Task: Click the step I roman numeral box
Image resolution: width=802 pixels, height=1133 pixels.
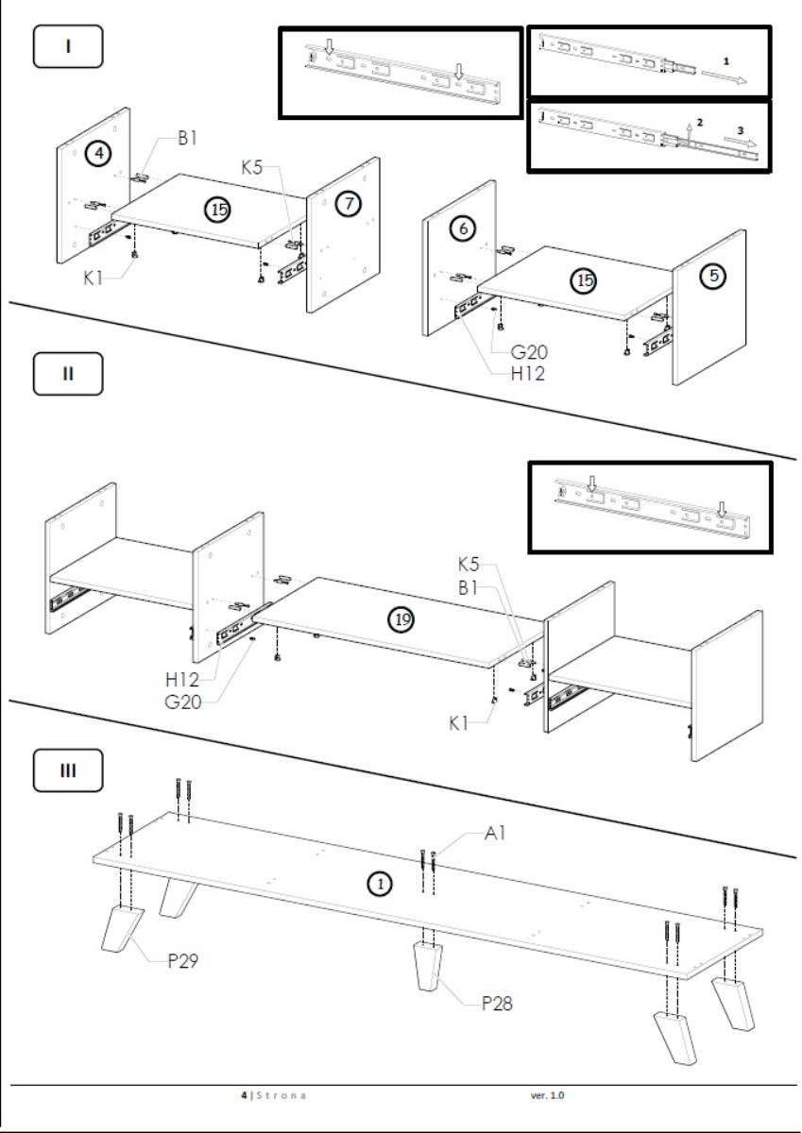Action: (68, 47)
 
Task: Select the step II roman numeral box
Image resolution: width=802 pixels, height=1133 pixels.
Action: (68, 373)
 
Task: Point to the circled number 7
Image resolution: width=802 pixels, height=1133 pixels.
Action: (349, 204)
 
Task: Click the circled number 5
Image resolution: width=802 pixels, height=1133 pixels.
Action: (715, 276)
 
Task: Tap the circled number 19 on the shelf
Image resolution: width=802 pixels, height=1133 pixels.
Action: (403, 619)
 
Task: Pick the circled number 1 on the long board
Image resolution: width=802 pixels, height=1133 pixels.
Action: (378, 884)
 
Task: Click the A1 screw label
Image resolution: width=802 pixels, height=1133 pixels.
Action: (497, 835)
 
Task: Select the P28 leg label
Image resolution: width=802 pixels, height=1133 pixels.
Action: (497, 1003)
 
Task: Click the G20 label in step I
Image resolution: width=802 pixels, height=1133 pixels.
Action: (530, 352)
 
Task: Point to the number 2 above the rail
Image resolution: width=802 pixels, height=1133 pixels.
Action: (700, 123)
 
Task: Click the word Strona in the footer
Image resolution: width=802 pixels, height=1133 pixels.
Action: (283, 1095)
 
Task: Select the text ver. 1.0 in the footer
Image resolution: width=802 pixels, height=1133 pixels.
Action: (548, 1095)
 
